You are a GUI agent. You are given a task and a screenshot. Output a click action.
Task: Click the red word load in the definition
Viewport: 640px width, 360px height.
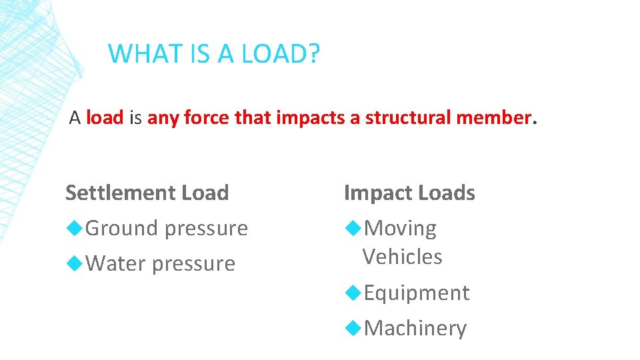(x=105, y=118)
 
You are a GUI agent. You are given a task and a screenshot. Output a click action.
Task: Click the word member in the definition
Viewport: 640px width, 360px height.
(x=493, y=118)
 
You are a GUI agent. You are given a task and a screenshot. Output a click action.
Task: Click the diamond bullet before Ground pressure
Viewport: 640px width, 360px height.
(x=75, y=228)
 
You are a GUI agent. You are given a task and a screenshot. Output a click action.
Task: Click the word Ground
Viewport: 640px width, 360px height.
(x=121, y=229)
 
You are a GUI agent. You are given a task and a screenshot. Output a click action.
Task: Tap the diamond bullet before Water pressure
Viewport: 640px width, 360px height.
(x=75, y=263)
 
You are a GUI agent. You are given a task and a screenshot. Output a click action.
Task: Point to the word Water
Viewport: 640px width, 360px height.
(x=116, y=264)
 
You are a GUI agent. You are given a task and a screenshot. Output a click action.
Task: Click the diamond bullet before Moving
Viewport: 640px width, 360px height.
(x=353, y=228)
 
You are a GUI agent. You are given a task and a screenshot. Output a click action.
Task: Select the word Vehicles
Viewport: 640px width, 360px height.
(x=402, y=257)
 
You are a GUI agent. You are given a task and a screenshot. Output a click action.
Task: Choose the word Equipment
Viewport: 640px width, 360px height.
(x=417, y=293)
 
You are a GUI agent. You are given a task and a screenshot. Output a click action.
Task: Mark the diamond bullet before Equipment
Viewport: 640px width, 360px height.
(x=353, y=292)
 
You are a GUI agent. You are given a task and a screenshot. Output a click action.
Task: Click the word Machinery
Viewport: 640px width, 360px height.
(x=415, y=328)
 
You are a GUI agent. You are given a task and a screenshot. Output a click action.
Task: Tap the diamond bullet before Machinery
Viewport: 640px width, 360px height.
(x=353, y=327)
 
